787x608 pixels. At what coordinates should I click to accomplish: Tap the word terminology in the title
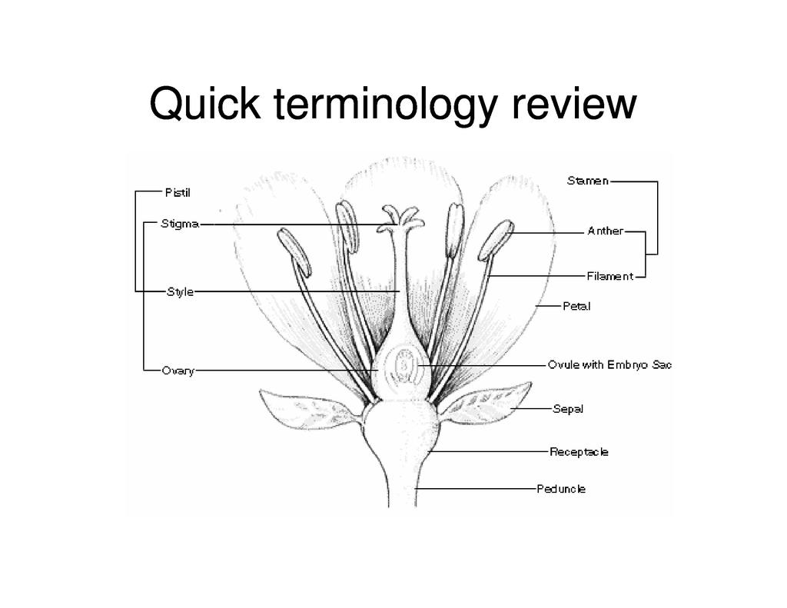384,105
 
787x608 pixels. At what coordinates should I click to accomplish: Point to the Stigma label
180,224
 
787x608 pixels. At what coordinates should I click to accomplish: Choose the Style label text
180,292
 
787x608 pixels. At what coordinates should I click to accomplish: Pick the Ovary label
178,371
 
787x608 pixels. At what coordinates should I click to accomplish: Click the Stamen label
588,181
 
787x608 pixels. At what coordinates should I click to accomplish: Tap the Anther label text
605,231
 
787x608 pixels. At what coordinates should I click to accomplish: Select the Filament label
609,276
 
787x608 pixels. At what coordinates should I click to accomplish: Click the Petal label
576,306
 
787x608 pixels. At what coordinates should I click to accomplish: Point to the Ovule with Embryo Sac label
609,364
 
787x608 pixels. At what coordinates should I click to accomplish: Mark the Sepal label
568,409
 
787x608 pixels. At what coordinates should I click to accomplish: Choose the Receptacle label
579,452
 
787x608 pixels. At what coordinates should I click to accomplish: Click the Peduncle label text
561,489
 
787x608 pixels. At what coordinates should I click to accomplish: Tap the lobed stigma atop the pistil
403,218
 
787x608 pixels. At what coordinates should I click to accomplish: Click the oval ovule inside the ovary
405,364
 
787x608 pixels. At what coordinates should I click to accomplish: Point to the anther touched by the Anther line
496,239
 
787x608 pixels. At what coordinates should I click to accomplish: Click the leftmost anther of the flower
294,251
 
